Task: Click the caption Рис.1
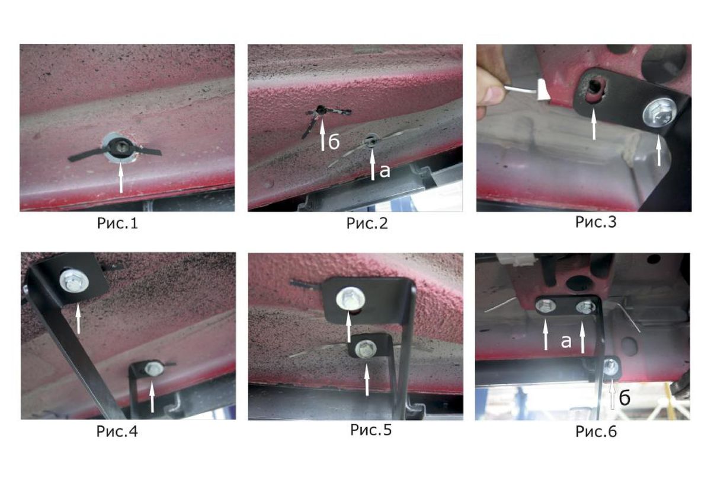pyautogui.click(x=117, y=223)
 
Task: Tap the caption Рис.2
pyautogui.click(x=367, y=223)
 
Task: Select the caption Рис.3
pyautogui.click(x=596, y=222)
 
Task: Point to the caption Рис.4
pyautogui.click(x=117, y=431)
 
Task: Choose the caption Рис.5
pyautogui.click(x=371, y=430)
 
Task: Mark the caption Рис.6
pyautogui.click(x=596, y=431)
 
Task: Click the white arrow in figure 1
pyautogui.click(x=121, y=177)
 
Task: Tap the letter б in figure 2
pyautogui.click(x=334, y=142)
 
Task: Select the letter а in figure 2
pyautogui.click(x=385, y=171)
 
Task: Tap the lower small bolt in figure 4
pyautogui.click(x=154, y=368)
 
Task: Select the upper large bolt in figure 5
pyautogui.click(x=350, y=300)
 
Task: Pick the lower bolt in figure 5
pyautogui.click(x=366, y=349)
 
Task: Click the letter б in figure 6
pyautogui.click(x=624, y=399)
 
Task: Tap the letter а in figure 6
pyautogui.click(x=566, y=342)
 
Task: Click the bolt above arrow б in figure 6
pyautogui.click(x=611, y=367)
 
